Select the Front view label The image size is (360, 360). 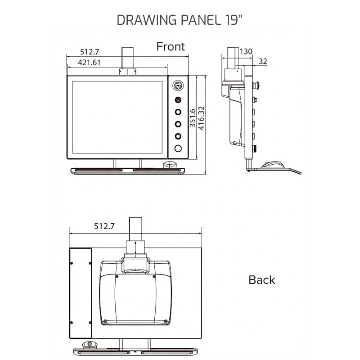tap(170, 46)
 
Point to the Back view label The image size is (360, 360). tap(261, 280)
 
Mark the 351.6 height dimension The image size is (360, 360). tap(193, 119)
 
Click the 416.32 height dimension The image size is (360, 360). tap(201, 118)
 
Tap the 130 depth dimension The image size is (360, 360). tap(246, 51)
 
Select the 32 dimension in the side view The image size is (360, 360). tap(264, 61)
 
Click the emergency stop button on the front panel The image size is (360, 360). tap(178, 85)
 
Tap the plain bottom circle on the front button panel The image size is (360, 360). tap(178, 148)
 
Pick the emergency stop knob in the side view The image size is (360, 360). tap(257, 84)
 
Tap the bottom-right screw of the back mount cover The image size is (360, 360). tap(166, 321)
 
